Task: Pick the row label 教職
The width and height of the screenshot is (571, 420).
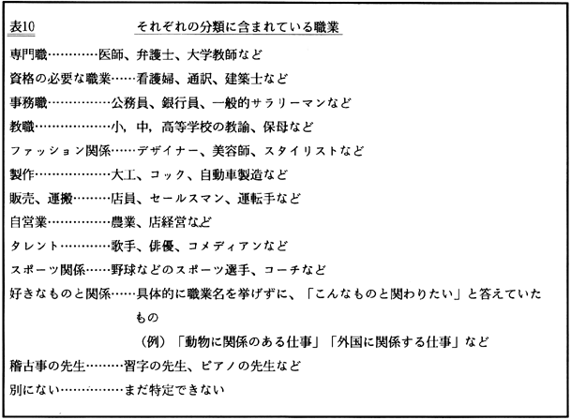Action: coord(20,127)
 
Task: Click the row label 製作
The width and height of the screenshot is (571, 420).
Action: coord(20,175)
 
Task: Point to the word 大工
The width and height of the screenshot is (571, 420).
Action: coord(124,175)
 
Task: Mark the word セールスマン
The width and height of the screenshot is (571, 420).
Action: coord(188,199)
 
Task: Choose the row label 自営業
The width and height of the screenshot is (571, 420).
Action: coord(26,223)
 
